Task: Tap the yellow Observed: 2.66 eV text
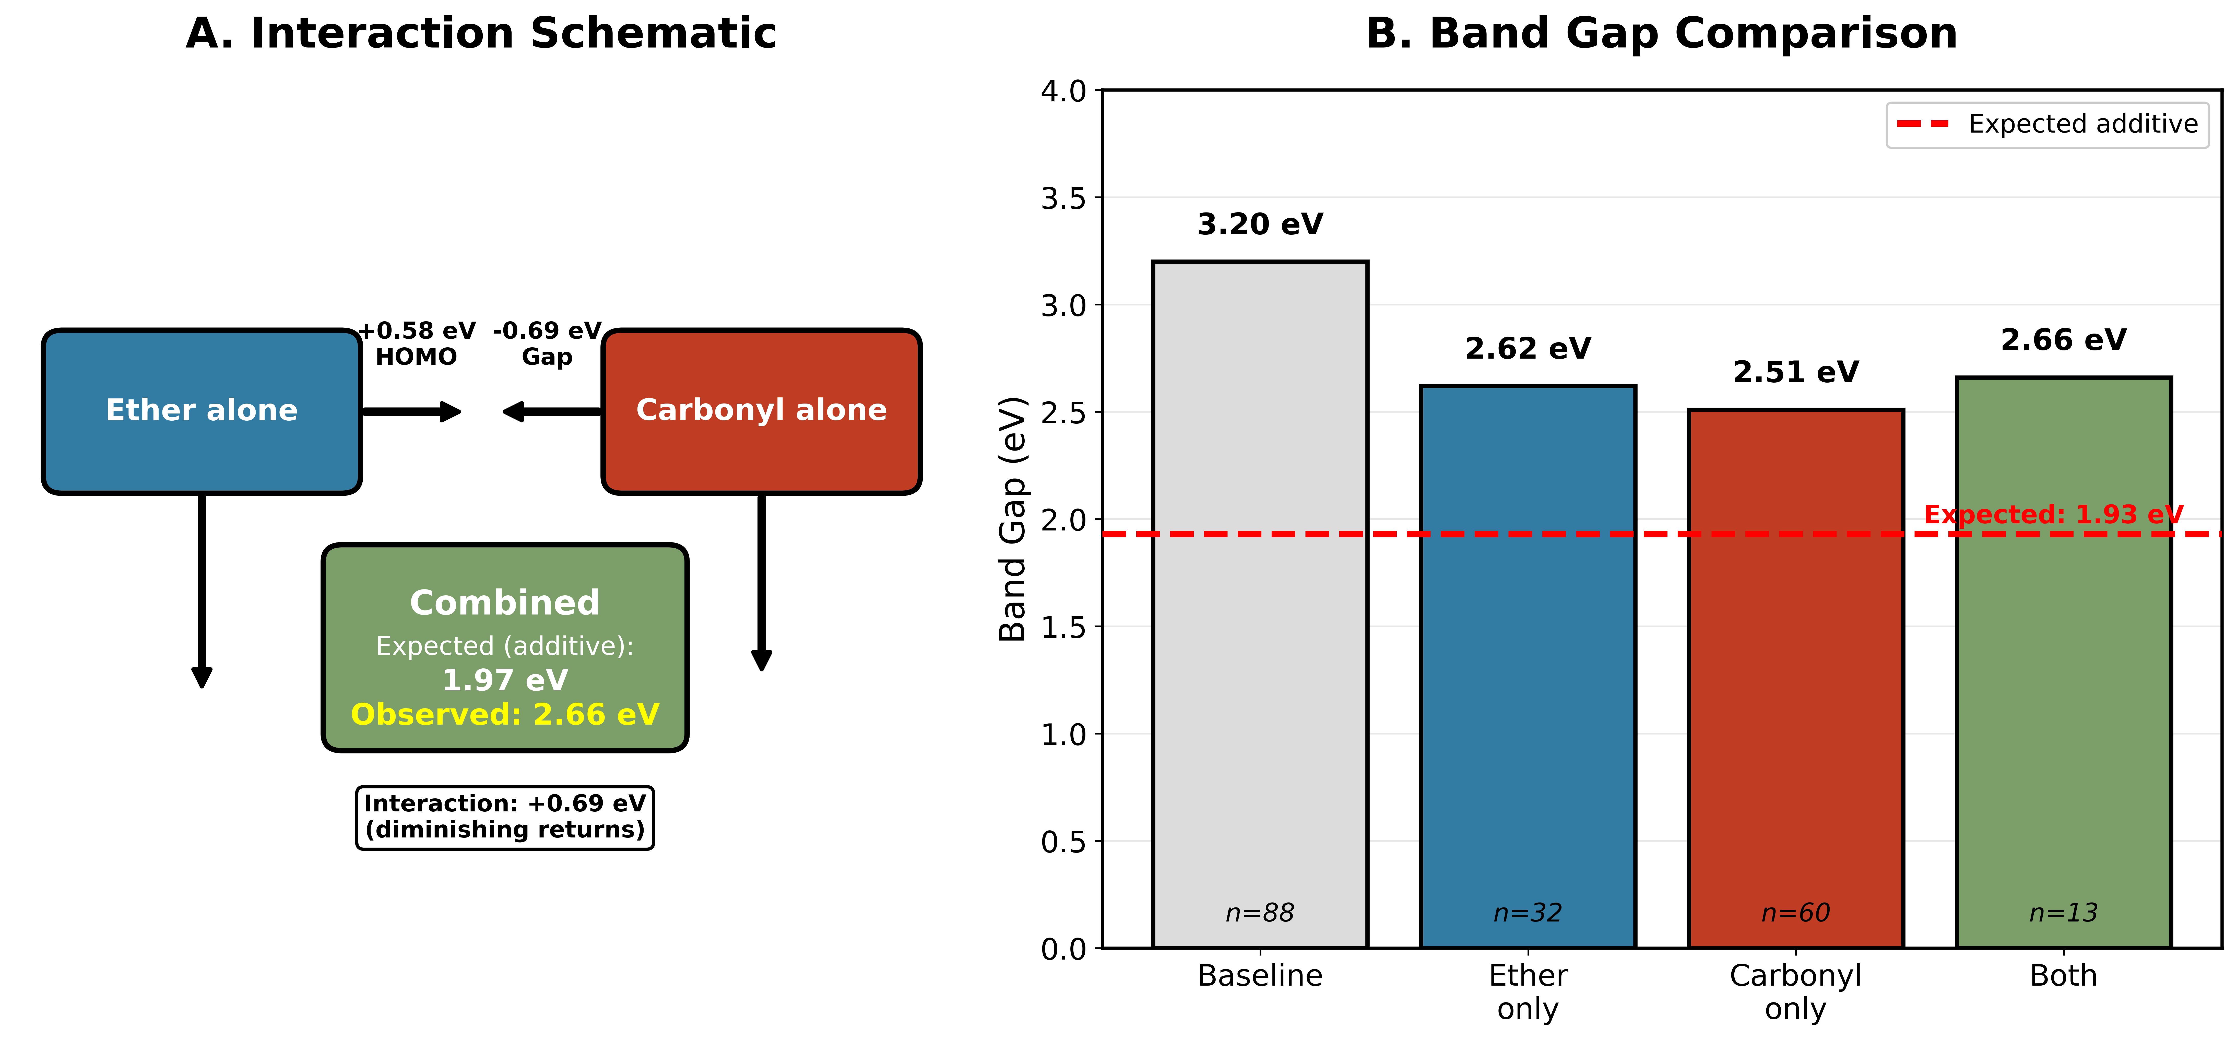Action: click(505, 714)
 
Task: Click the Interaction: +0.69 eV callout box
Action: click(505, 817)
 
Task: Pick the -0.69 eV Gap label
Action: click(547, 344)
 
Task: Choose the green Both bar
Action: click(2063, 694)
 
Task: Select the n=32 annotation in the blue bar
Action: click(1528, 912)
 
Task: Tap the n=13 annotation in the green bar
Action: click(2063, 912)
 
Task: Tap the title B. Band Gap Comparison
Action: click(1661, 34)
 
